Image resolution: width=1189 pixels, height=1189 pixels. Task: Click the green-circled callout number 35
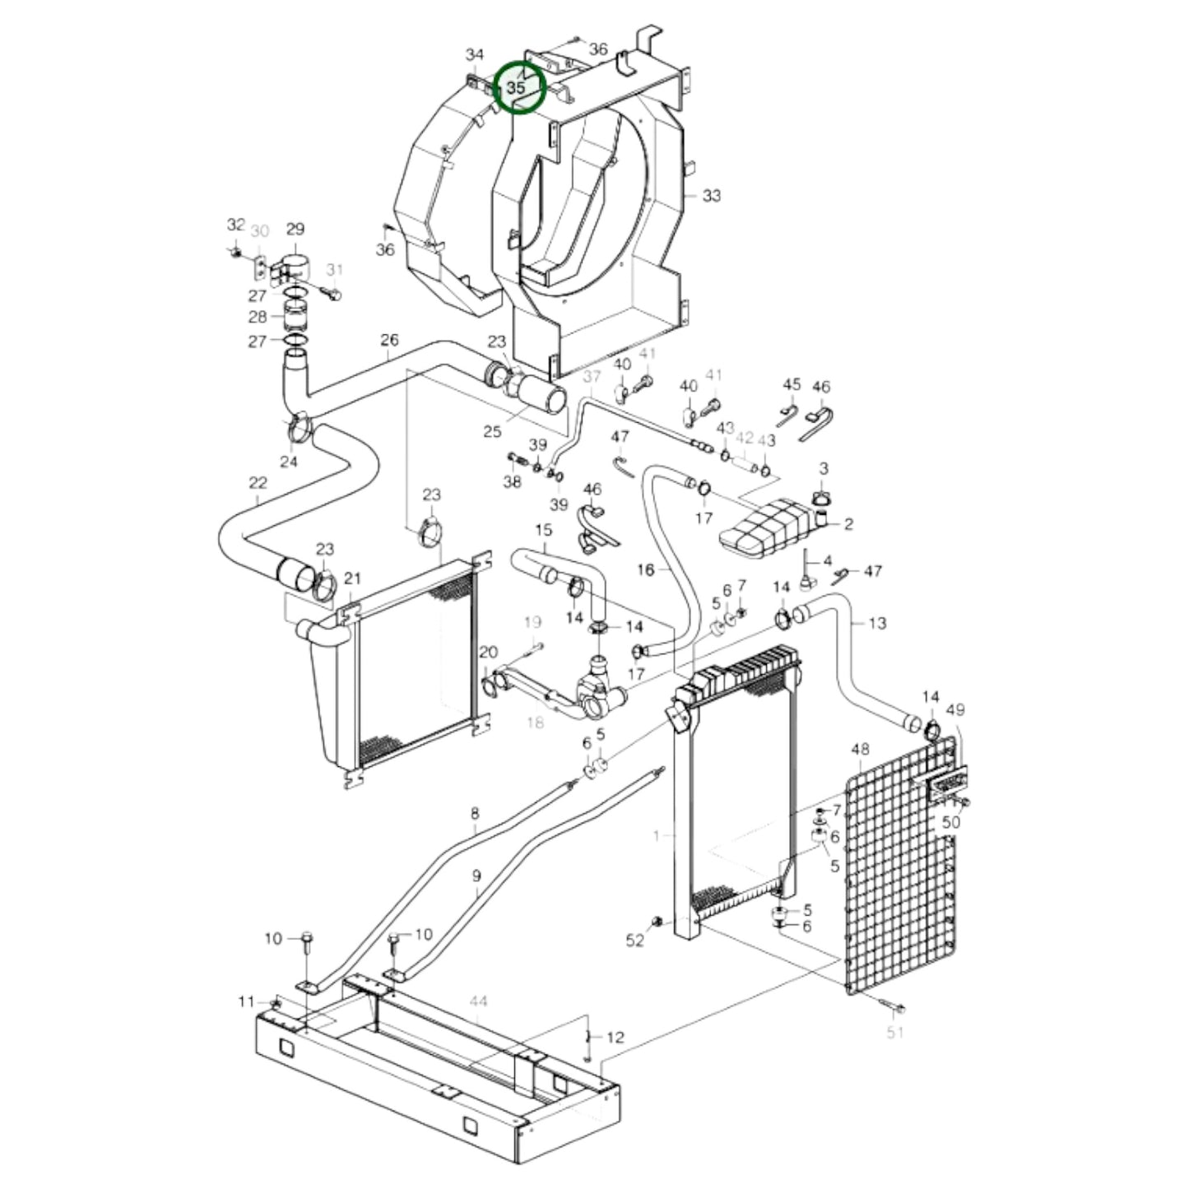point(517,86)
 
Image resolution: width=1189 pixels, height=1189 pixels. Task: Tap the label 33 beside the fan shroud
point(711,196)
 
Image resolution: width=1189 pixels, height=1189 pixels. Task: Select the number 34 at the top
point(475,55)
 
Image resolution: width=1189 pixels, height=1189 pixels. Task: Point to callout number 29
point(295,229)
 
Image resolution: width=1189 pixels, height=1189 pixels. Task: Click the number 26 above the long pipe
point(389,340)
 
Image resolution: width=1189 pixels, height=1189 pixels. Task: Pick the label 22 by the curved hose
point(258,483)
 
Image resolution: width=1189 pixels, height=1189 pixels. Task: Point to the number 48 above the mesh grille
point(860,750)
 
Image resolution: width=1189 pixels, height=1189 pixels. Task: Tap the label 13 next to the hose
point(877,623)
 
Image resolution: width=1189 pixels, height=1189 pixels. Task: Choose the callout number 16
point(645,569)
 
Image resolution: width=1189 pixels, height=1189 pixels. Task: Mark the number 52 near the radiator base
point(634,940)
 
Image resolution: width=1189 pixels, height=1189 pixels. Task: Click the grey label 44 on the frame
point(478,1001)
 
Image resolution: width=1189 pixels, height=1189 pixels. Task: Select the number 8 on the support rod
point(475,815)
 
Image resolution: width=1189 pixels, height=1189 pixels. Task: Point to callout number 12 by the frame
point(615,1038)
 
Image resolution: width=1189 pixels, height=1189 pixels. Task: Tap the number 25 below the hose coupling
point(492,432)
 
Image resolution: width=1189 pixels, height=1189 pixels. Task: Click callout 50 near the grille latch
point(950,822)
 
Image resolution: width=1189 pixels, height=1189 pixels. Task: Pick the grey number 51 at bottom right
point(895,1033)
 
